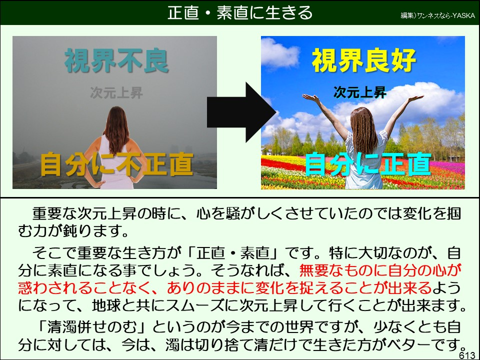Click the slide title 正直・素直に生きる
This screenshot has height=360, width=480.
pos(239,13)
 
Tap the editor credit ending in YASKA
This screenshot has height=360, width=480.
pos(438,15)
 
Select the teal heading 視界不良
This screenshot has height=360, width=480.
pos(116,60)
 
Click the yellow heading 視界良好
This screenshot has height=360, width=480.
pos(363,60)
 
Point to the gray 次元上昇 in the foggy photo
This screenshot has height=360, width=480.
pos(116,92)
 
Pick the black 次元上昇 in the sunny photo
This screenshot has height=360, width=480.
pos(360,92)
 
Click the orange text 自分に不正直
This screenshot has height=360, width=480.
pos(117,164)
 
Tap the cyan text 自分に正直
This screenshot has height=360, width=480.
pos(368,164)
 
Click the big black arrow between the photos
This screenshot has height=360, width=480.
pos(241,112)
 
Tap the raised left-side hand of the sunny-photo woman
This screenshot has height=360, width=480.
pos(310,97)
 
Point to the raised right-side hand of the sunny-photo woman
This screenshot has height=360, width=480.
pos(415,98)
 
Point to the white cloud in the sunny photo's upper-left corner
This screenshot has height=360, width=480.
pos(279,54)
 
